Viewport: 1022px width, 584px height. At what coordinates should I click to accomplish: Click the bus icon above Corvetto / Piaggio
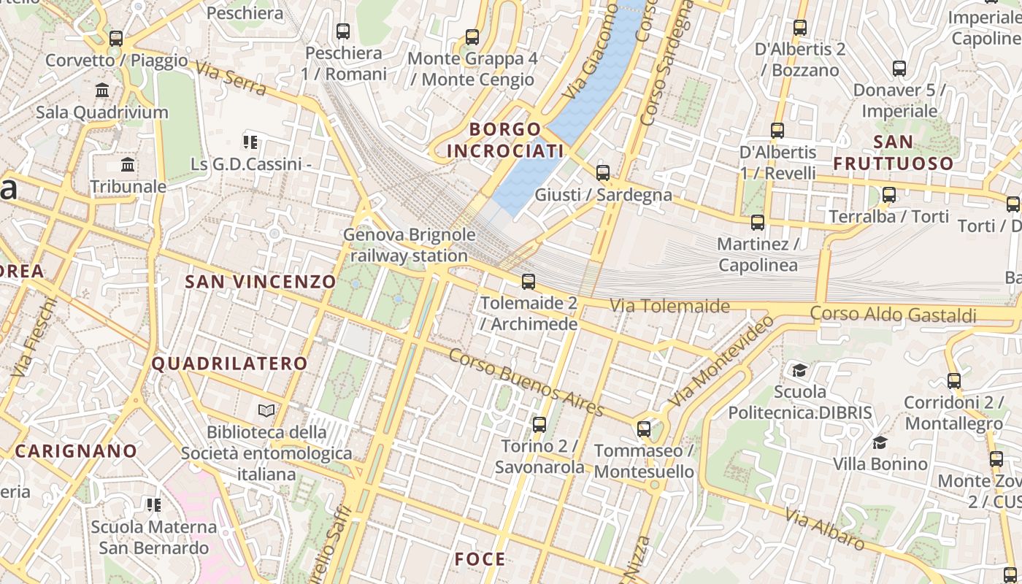pos(116,39)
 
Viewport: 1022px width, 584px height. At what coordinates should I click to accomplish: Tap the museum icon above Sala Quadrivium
pos(102,91)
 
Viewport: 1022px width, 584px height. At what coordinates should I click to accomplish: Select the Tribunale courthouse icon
pos(128,164)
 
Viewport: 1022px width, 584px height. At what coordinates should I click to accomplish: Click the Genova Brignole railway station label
pos(409,245)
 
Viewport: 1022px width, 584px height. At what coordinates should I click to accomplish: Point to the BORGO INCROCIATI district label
pos(505,140)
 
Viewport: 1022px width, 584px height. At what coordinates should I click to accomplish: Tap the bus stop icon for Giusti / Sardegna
pos(603,173)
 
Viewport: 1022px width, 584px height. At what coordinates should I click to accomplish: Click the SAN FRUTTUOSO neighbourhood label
pos(893,152)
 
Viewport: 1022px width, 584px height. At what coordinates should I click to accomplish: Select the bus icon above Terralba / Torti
pos(889,195)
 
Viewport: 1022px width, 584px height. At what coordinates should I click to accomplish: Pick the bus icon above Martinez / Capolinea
pos(758,223)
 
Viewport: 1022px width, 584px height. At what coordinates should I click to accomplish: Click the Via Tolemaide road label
pos(669,306)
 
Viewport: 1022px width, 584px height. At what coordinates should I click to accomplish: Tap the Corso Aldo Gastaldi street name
pos(893,315)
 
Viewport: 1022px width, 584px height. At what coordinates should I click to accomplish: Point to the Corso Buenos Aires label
pos(526,382)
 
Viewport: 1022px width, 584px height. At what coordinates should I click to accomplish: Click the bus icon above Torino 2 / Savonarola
pos(539,424)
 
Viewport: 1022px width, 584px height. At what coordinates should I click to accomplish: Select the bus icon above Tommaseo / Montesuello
pos(644,429)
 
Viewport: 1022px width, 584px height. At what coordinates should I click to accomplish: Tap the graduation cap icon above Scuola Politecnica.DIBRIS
pos(800,370)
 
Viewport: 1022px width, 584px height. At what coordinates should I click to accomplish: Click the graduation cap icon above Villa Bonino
pos(880,442)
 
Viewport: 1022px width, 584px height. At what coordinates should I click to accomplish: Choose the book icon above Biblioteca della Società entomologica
pos(266,411)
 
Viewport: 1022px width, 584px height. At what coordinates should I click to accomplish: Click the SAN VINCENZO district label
pos(261,282)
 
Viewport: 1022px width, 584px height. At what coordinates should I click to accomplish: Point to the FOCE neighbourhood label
pos(480,559)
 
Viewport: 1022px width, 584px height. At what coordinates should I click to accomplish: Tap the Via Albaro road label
pos(825,529)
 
